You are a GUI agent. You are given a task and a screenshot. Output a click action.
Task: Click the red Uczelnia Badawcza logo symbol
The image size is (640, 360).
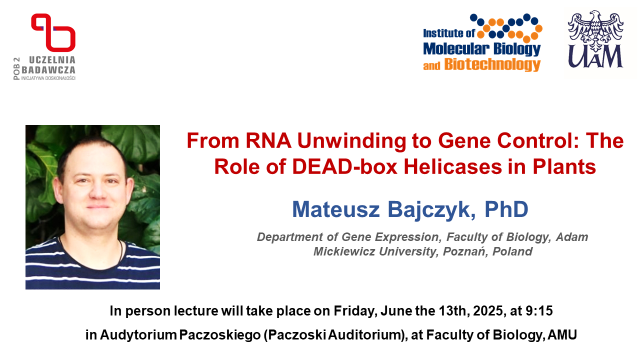tap(53, 32)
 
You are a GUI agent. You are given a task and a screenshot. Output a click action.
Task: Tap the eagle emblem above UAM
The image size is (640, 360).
tap(595, 30)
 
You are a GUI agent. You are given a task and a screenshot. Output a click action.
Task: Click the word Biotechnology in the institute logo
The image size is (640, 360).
tap(492, 64)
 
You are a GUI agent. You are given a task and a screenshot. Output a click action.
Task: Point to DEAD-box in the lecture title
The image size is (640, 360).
tap(344, 167)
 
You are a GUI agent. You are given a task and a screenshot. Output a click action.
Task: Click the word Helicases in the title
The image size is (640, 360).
tap(453, 167)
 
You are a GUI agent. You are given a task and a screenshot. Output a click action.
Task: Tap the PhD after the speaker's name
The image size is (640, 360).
tap(506, 209)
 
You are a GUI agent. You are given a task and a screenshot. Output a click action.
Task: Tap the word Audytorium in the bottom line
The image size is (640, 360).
tap(138, 335)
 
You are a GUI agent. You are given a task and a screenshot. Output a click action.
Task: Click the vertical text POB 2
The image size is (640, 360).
tap(16, 68)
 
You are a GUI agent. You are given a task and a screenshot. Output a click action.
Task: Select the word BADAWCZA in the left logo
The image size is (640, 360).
tap(48, 70)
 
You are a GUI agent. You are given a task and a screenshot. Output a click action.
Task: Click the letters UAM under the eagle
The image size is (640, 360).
tap(595, 56)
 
